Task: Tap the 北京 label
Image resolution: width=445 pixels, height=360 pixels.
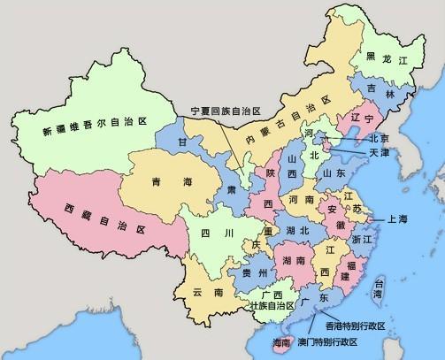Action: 379,139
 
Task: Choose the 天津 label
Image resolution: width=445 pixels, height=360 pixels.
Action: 379,153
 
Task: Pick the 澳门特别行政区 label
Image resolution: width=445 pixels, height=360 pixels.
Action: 326,342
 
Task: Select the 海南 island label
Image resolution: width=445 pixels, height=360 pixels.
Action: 280,341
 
